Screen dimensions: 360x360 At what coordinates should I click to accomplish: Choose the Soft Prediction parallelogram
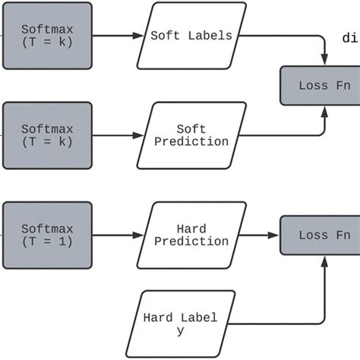(x=191, y=135)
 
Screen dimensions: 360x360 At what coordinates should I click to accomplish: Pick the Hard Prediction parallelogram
(x=191, y=235)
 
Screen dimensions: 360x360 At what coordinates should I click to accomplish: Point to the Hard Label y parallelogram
(x=180, y=324)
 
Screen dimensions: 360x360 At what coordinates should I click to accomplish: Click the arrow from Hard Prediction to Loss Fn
(x=262, y=235)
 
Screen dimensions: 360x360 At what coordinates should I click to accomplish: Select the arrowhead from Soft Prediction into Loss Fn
(x=325, y=110)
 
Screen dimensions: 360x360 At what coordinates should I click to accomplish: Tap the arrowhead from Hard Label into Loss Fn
(x=325, y=260)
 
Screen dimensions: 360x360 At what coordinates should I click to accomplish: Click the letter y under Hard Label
(x=180, y=331)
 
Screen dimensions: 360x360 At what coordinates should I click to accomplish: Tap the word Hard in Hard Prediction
(x=191, y=228)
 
